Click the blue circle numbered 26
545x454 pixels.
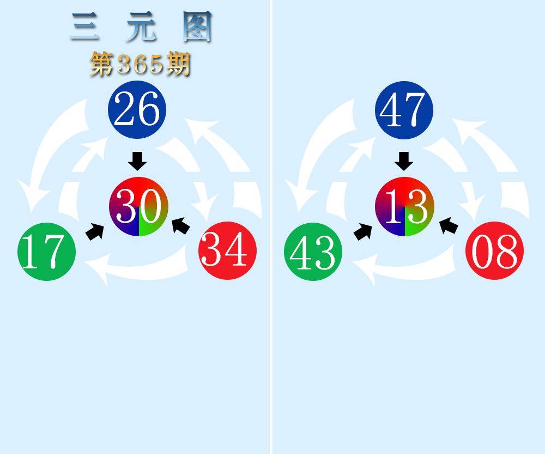tap(137, 109)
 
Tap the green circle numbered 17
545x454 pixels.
tap(46, 251)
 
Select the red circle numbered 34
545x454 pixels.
tap(227, 250)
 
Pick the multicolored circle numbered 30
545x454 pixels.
tap(138, 206)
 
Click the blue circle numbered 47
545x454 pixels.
tap(404, 110)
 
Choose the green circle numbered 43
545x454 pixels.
tap(313, 251)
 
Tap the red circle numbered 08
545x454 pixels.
tap(494, 250)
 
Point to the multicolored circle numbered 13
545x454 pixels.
tap(404, 206)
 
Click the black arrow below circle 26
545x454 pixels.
tap(137, 161)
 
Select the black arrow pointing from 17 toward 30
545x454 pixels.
tap(95, 231)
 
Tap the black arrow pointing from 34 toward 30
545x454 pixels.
tap(181, 225)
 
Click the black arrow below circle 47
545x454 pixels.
tap(404, 161)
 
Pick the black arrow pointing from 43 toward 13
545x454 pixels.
tap(363, 231)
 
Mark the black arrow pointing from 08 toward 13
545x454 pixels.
tap(449, 225)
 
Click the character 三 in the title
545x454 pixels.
tap(84, 27)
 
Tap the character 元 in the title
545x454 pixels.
tap(141, 27)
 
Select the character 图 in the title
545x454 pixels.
tap(197, 27)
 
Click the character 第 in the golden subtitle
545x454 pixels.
tap(102, 64)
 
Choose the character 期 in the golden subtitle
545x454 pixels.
tap(179, 64)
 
